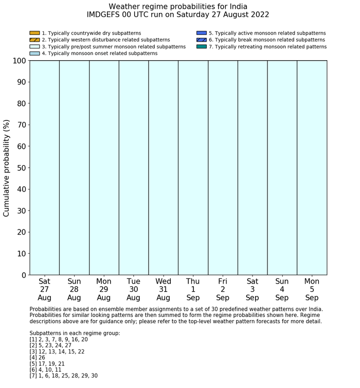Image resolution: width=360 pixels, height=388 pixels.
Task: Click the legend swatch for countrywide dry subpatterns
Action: [x=34, y=33]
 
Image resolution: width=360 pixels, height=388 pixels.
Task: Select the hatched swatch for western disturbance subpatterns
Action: [x=34, y=40]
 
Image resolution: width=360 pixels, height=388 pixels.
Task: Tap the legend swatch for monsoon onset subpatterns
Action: [x=34, y=53]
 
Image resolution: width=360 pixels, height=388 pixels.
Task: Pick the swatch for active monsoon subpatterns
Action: [x=202, y=33]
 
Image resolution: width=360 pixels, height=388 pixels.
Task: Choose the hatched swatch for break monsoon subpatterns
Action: [x=202, y=40]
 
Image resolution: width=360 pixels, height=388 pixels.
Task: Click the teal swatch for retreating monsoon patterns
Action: [x=202, y=46]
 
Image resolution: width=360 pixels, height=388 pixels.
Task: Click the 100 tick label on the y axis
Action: [x=17, y=61]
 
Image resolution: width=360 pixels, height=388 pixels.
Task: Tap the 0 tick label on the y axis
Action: [x=22, y=275]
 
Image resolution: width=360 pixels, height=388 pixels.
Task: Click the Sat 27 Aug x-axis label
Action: [x=45, y=289]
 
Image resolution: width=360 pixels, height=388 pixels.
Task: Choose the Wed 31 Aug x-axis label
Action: [x=164, y=289]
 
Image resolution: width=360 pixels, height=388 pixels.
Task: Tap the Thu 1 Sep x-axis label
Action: [x=193, y=289]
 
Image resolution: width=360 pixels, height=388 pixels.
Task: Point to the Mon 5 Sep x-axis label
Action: [x=312, y=289]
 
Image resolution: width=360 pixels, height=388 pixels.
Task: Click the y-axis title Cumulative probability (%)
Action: [x=7, y=168]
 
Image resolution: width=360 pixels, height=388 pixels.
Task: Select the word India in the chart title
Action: [x=236, y=6]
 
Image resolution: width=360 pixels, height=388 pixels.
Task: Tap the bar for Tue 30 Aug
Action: [x=134, y=168]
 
